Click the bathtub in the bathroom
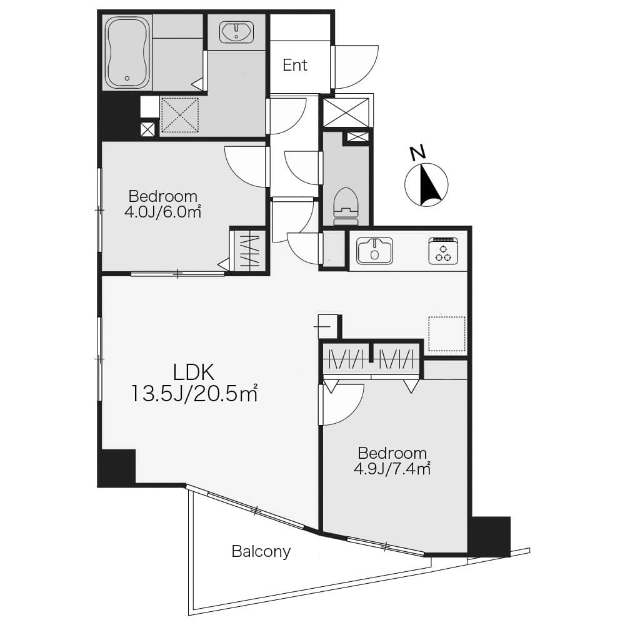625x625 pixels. [127, 52]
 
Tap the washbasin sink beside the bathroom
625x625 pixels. [236, 32]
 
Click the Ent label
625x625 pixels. [295, 65]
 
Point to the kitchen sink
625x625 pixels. [374, 251]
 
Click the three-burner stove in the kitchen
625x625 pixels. [443, 251]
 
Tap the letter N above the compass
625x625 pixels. [417, 153]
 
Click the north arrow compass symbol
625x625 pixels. [426, 184]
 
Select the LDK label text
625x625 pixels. [194, 372]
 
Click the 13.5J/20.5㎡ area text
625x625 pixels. [194, 393]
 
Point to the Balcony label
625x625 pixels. [261, 552]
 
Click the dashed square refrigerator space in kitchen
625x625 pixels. [447, 334]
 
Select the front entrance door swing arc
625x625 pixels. [356, 67]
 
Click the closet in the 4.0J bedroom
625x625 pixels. [249, 251]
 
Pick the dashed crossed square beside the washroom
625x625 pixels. [180, 115]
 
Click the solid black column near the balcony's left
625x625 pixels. [117, 468]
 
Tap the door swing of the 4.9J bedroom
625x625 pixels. [342, 404]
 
